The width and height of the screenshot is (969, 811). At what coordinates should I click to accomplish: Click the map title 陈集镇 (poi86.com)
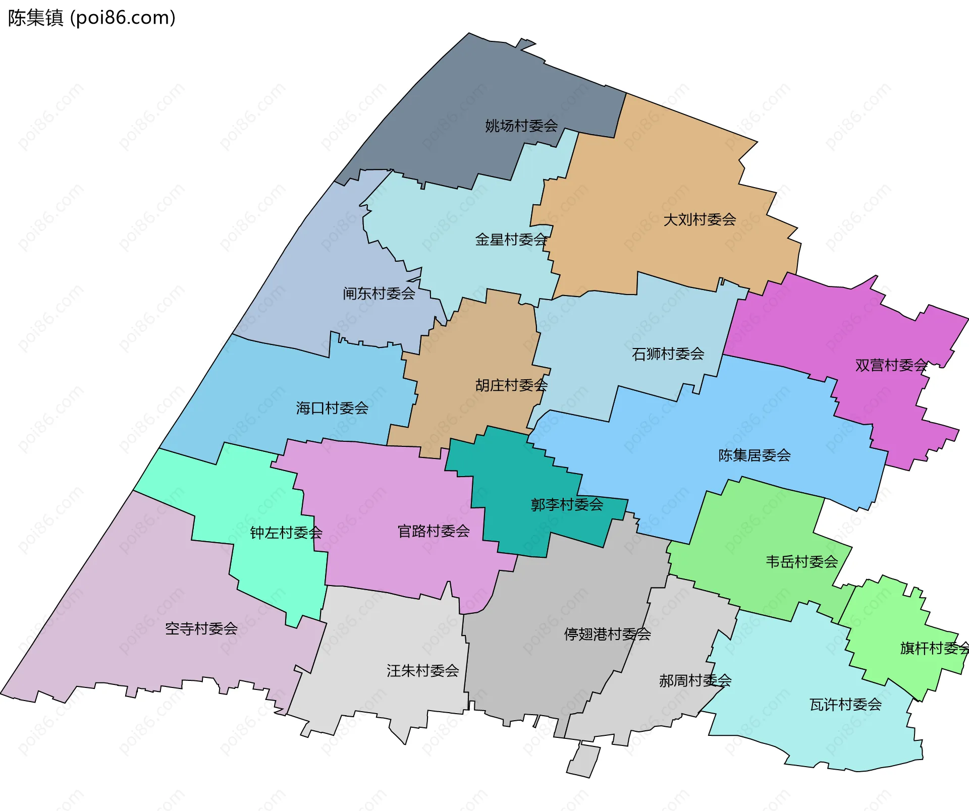click(x=91, y=18)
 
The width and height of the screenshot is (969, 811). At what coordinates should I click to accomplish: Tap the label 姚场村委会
click(x=521, y=126)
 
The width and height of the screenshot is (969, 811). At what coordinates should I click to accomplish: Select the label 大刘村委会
click(x=699, y=219)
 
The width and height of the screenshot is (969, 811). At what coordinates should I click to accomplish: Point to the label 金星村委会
click(x=511, y=240)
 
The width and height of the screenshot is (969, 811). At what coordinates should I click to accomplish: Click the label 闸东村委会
click(x=379, y=294)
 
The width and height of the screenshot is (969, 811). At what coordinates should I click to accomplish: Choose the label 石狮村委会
click(x=668, y=354)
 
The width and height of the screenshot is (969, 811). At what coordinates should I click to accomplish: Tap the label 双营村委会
click(x=891, y=365)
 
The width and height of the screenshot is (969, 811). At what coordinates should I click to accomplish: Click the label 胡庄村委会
click(x=511, y=385)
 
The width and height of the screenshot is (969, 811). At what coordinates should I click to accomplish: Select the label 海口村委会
click(x=332, y=408)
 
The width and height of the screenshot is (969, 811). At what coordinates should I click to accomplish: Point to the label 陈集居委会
click(x=755, y=455)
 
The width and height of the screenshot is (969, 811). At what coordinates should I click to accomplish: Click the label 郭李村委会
click(x=567, y=504)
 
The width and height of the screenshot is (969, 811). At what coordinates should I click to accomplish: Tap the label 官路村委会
click(x=434, y=531)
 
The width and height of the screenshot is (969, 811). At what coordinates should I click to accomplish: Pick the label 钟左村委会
click(x=286, y=533)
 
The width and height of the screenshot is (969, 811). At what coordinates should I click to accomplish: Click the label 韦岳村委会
click(x=802, y=562)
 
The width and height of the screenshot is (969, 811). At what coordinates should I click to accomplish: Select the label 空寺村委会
click(x=201, y=628)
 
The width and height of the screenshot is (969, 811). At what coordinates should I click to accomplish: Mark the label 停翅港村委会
click(x=607, y=634)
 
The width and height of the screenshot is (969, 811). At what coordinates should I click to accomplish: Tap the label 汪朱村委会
click(x=423, y=671)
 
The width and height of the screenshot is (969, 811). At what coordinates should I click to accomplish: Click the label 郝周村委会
click(x=695, y=681)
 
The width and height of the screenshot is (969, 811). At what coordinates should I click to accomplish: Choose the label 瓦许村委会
click(x=845, y=705)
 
